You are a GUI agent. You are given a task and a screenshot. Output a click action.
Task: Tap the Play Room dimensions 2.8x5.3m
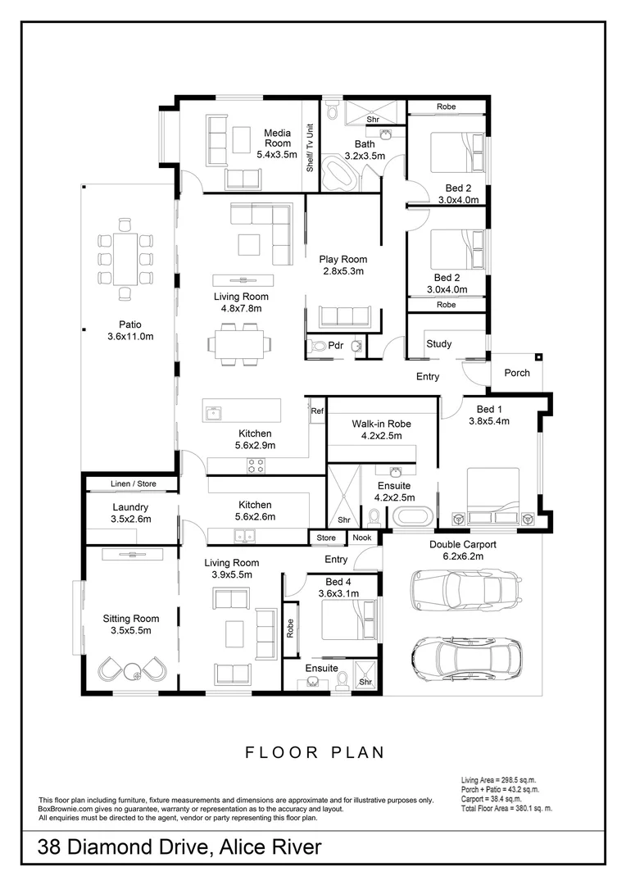[342, 271]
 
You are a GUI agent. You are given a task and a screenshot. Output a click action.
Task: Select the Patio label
[129, 324]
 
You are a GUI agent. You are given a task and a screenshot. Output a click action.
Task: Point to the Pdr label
[336, 346]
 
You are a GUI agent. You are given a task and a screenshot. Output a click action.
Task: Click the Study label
[439, 344]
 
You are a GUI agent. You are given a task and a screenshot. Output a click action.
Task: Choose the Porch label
[516, 373]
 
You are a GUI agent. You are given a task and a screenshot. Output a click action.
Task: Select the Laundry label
[130, 507]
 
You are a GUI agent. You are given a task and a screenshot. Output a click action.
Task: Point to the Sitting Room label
[130, 619]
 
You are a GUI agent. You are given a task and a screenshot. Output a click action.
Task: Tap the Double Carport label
[462, 543]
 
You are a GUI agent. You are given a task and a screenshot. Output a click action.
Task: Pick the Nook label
[361, 538]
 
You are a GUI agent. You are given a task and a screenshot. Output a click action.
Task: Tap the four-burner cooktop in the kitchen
[256, 466]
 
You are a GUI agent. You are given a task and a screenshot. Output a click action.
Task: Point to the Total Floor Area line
[507, 808]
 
